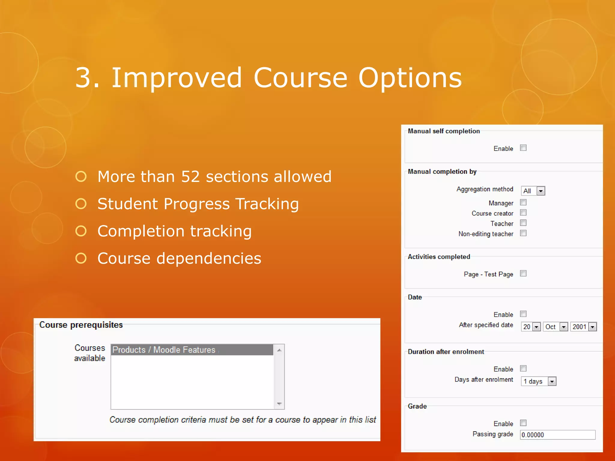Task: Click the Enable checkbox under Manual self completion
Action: pyautogui.click(x=523, y=148)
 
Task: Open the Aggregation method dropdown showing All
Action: pyautogui.click(x=533, y=191)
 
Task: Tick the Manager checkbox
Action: pyautogui.click(x=523, y=203)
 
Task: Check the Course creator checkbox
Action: pyautogui.click(x=523, y=213)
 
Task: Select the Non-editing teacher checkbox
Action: pyautogui.click(x=523, y=233)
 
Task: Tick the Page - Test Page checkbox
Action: pyautogui.click(x=523, y=273)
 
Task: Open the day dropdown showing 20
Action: pyautogui.click(x=531, y=327)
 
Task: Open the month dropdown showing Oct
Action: pyautogui.click(x=555, y=327)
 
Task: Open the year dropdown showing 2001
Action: pyautogui.click(x=583, y=327)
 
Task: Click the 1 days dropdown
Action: pyautogui.click(x=539, y=381)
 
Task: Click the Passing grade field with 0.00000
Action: pyautogui.click(x=557, y=435)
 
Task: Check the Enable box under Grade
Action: pyautogui.click(x=523, y=423)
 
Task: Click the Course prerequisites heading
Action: pyautogui.click(x=81, y=325)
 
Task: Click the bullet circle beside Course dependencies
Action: pyautogui.click(x=81, y=258)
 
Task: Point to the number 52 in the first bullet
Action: pyautogui.click(x=190, y=176)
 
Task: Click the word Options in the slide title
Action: pyautogui.click(x=410, y=78)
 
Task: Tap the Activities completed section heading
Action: pyautogui.click(x=439, y=257)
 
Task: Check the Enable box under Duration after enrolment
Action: pyautogui.click(x=523, y=368)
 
